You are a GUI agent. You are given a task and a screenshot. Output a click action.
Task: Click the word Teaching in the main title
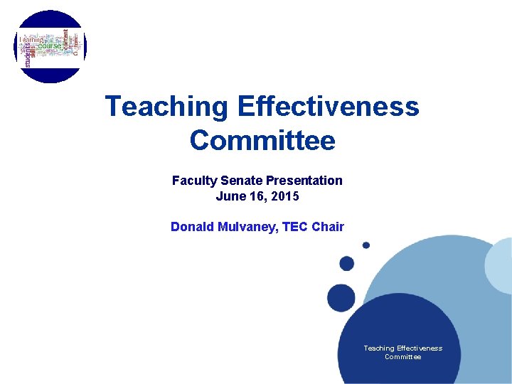coord(166,107)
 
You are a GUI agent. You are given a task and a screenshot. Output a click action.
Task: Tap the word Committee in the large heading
coord(262,140)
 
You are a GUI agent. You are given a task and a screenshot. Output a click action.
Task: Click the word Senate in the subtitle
coord(239,181)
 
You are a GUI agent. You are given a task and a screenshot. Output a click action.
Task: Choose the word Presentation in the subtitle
coord(304,181)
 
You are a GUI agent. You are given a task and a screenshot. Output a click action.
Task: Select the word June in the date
coord(230,196)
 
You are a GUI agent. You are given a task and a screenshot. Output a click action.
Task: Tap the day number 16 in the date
coord(258,196)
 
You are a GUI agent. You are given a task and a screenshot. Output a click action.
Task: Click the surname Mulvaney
coord(250,227)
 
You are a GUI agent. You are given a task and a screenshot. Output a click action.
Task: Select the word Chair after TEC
coord(327,227)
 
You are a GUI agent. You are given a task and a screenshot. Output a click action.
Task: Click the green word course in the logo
coord(50,46)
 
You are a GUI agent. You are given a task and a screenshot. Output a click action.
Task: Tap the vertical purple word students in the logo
coord(28,54)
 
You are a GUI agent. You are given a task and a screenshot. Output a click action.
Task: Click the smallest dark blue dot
coord(366,245)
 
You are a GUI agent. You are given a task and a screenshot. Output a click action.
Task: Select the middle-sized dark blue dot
coord(347,264)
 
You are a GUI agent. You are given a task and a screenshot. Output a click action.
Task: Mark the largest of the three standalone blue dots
coord(341,297)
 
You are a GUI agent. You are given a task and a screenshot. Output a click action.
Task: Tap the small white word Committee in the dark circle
coord(402,357)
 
